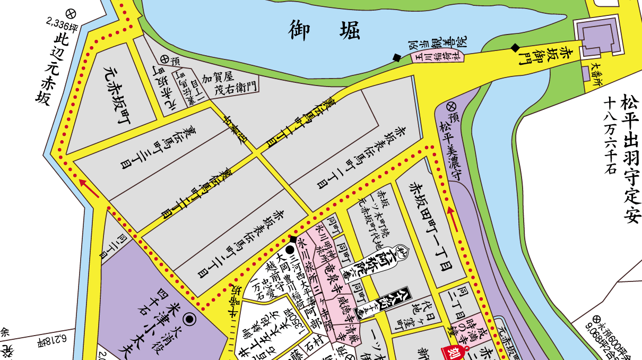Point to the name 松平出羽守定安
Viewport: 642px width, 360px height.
pos(630,159)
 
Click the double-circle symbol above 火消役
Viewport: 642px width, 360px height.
pos(188,319)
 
